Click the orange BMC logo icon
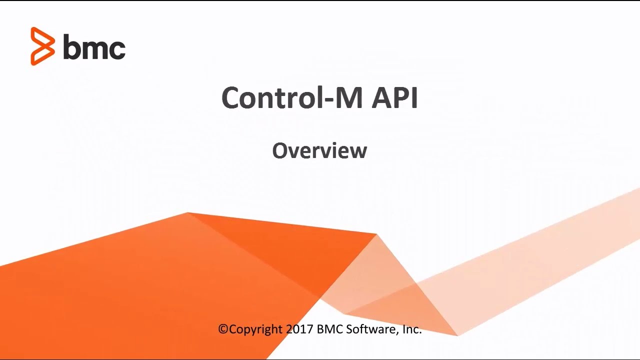click(x=42, y=46)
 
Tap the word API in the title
click(x=394, y=97)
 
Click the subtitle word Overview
click(x=319, y=150)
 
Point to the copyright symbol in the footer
click(x=223, y=329)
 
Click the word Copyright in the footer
click(x=256, y=329)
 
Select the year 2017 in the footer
click(x=299, y=329)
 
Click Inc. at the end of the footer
click(x=412, y=329)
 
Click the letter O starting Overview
click(x=279, y=150)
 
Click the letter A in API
click(x=382, y=97)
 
